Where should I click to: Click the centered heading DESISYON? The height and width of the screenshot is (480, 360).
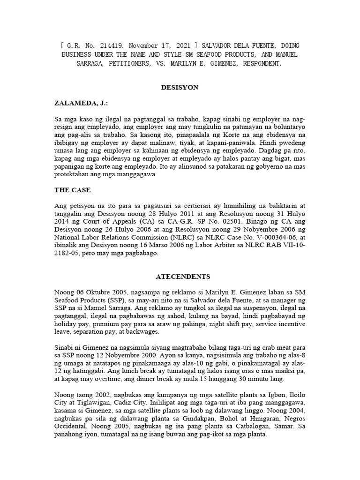pyautogui.click(x=180, y=88)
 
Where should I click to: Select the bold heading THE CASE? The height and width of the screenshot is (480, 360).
pyautogui.click(x=73, y=190)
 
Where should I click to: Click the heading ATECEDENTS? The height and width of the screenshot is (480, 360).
pyautogui.click(x=180, y=277)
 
